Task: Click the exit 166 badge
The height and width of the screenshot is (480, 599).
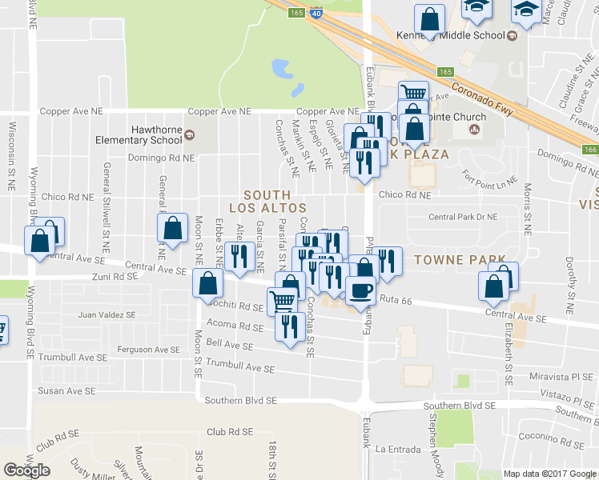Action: click(x=590, y=150)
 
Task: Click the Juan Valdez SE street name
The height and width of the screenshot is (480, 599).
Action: click(x=107, y=315)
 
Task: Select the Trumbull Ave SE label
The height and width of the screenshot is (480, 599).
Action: click(x=240, y=368)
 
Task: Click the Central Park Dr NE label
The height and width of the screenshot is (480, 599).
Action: click(x=463, y=217)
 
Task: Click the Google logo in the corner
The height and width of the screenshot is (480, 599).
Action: click(x=27, y=470)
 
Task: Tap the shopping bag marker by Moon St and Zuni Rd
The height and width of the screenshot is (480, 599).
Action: click(x=207, y=282)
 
